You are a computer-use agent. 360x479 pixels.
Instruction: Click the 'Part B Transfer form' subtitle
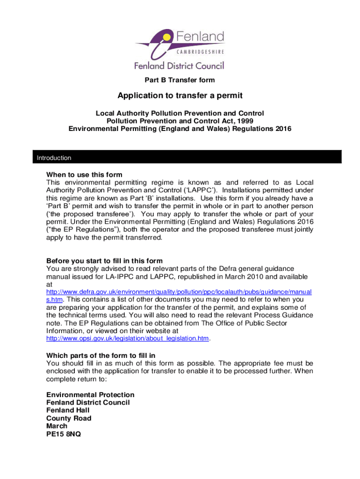180,80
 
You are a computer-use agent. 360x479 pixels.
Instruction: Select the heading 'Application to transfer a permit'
180,96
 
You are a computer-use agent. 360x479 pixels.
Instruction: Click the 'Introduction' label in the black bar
54,158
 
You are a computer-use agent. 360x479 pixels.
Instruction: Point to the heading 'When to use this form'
84,175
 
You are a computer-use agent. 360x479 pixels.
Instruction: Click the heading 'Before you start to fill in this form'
104,261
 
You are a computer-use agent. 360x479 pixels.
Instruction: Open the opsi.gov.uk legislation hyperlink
128,338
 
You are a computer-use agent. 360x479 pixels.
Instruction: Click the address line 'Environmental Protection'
90,395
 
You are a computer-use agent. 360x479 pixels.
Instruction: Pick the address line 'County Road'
69,418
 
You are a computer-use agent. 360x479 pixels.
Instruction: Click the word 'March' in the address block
57,426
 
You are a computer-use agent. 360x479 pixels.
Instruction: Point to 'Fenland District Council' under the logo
180,65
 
